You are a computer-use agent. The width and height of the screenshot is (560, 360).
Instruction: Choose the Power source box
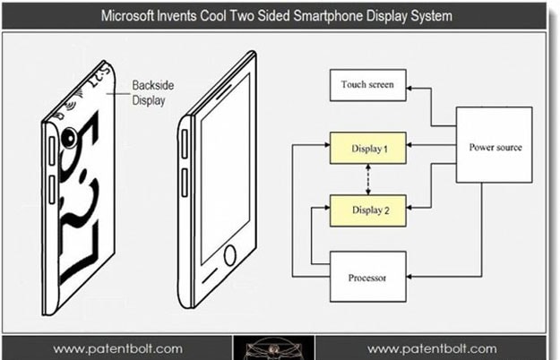495,146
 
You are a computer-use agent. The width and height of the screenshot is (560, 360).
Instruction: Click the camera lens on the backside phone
68,137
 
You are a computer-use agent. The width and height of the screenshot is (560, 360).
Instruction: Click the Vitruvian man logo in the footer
275,348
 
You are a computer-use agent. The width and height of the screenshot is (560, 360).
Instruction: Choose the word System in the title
428,16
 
